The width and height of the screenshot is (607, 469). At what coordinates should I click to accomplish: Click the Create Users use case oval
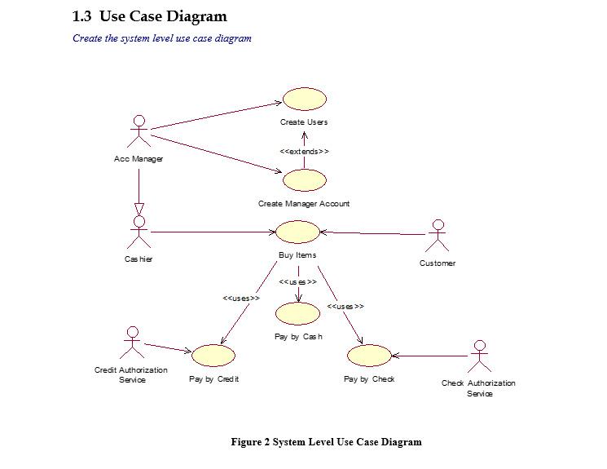click(x=305, y=100)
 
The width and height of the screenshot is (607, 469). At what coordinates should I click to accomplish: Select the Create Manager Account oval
click(x=305, y=180)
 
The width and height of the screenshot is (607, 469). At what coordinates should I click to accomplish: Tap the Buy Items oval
click(x=297, y=232)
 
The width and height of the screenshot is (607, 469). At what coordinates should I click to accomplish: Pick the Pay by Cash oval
click(x=297, y=313)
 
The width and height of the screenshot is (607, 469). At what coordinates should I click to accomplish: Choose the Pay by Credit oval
click(x=213, y=355)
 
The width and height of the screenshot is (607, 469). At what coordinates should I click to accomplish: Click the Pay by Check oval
click(x=369, y=355)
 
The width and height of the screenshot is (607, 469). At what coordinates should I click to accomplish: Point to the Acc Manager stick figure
click(x=139, y=131)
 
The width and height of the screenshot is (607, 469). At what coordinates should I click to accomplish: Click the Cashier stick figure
click(x=139, y=232)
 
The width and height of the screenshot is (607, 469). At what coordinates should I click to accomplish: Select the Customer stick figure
click(x=438, y=236)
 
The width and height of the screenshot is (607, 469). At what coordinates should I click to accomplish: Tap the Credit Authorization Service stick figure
click(x=132, y=343)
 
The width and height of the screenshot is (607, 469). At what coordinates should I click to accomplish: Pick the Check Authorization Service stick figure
click(x=480, y=356)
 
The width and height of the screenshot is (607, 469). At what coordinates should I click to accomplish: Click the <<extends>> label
click(x=304, y=151)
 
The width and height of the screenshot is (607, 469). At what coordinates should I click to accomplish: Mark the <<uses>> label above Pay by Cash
click(x=297, y=281)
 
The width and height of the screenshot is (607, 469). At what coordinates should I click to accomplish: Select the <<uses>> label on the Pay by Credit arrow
click(x=241, y=298)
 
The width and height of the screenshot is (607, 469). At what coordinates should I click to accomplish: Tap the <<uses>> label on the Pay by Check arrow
click(x=345, y=306)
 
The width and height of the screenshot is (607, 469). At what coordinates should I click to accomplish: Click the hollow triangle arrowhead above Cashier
click(x=139, y=210)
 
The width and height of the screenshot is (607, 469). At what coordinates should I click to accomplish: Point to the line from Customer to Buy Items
click(x=373, y=233)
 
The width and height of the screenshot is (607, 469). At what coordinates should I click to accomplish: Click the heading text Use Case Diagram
click(x=163, y=16)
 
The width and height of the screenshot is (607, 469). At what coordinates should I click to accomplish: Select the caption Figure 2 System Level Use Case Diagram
click(x=327, y=442)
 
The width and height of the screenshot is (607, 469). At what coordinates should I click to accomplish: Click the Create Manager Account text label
click(x=304, y=203)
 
